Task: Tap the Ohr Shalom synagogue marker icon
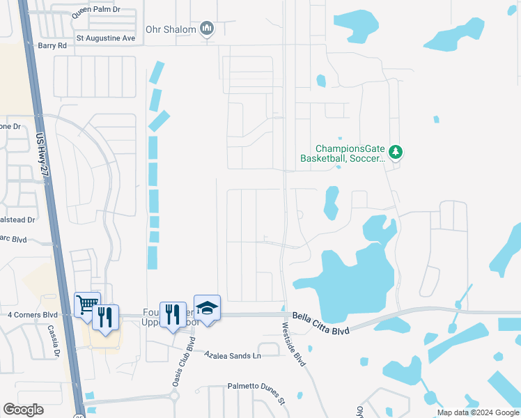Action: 206,29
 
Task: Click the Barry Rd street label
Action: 52,45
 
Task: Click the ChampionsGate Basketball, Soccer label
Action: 341,153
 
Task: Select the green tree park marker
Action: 396,152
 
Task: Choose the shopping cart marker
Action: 87,304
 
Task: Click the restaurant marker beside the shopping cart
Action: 105,316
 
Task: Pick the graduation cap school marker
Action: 207,307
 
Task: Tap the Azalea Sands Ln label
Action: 232,355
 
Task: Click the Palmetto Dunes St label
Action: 256,393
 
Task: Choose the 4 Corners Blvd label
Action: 32,315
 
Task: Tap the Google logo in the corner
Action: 23,410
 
